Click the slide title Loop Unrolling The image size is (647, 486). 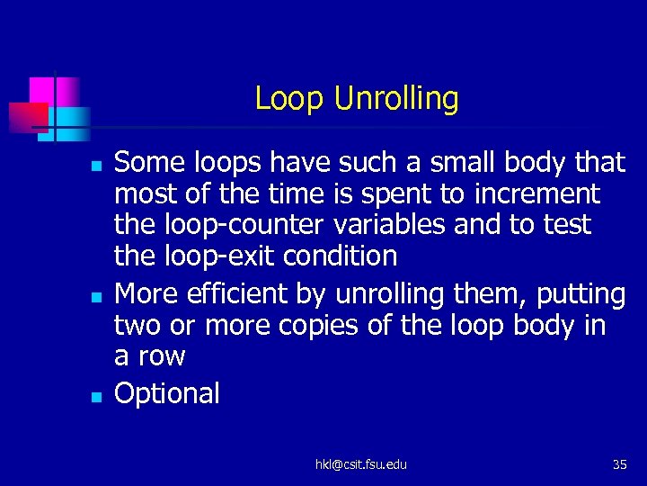(356, 98)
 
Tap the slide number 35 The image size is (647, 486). (619, 464)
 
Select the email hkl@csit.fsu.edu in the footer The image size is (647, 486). (360, 464)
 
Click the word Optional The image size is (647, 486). (167, 393)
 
